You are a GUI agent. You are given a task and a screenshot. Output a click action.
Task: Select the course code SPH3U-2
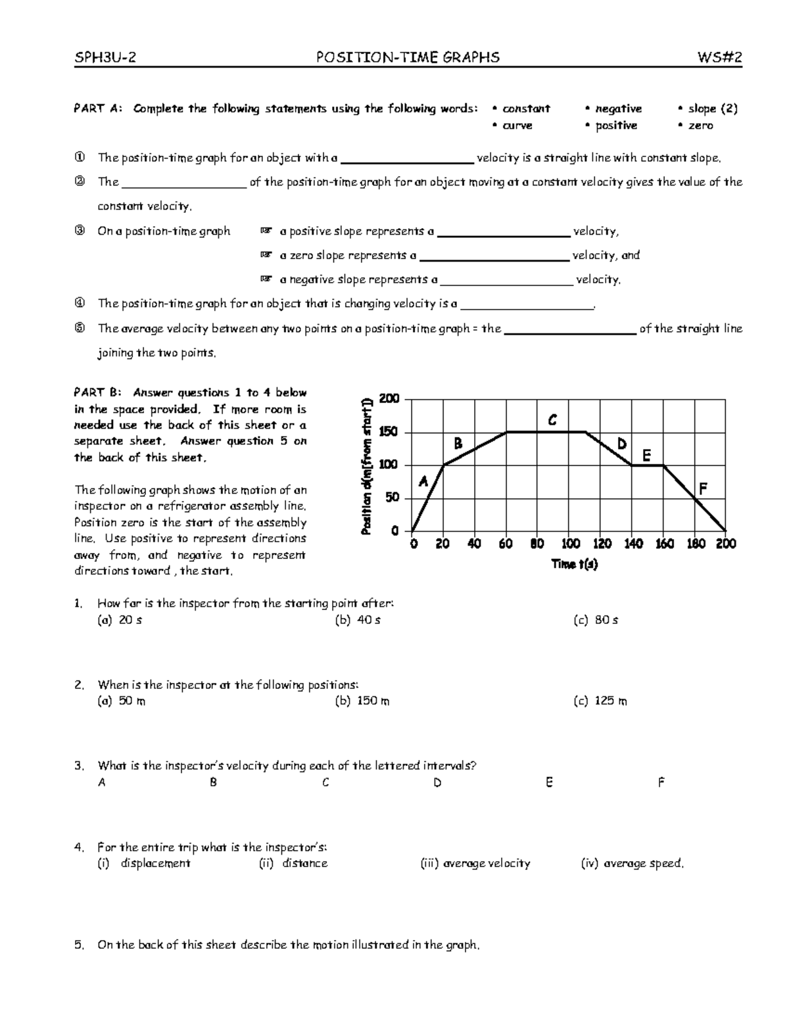tap(105, 58)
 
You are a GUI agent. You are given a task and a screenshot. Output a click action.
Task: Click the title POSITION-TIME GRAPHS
tap(408, 58)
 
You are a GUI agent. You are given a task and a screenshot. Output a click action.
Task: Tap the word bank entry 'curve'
tap(517, 126)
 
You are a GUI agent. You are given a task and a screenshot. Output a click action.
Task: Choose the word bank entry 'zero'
tap(700, 126)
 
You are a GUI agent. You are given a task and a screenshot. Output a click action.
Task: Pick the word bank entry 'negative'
tap(617, 109)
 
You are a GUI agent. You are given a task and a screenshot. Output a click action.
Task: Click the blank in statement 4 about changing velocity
tap(527, 304)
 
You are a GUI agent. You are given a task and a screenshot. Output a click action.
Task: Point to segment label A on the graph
tap(423, 482)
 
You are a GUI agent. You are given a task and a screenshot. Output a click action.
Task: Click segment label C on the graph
tap(552, 420)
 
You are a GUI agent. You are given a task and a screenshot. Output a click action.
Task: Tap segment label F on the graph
tap(703, 488)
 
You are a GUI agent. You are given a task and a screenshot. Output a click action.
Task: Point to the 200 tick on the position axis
tap(389, 399)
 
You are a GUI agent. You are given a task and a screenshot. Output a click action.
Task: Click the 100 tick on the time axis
tap(570, 544)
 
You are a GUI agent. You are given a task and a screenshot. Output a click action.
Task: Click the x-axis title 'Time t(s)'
tap(574, 564)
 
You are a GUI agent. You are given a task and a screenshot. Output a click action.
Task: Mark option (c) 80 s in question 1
tap(596, 620)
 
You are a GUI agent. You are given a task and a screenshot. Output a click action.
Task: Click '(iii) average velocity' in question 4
tap(475, 864)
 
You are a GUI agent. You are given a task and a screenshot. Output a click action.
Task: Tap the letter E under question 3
tap(549, 782)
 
